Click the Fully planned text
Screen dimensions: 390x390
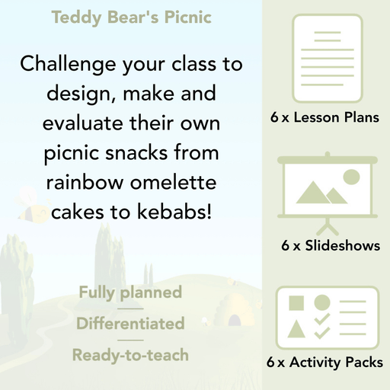pyautogui.click(x=130, y=292)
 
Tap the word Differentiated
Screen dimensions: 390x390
pyautogui.click(x=130, y=324)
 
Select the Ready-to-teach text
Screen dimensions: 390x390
pyautogui.click(x=130, y=355)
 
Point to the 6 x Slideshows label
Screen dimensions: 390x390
pyautogui.click(x=330, y=246)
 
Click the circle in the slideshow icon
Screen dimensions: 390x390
pyautogui.click(x=351, y=177)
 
